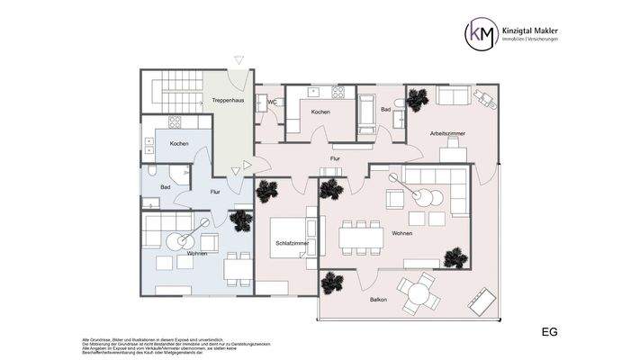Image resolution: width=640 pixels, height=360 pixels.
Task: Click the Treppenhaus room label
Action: (x=228, y=101)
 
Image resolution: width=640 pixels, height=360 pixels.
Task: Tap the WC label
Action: (x=271, y=103)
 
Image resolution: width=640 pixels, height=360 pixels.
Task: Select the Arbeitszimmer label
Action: (x=447, y=133)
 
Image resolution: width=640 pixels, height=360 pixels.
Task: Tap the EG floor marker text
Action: (x=549, y=332)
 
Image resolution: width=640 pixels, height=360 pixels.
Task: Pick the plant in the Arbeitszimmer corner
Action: (x=417, y=99)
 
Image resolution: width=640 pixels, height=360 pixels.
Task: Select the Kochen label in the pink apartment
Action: (x=320, y=112)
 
